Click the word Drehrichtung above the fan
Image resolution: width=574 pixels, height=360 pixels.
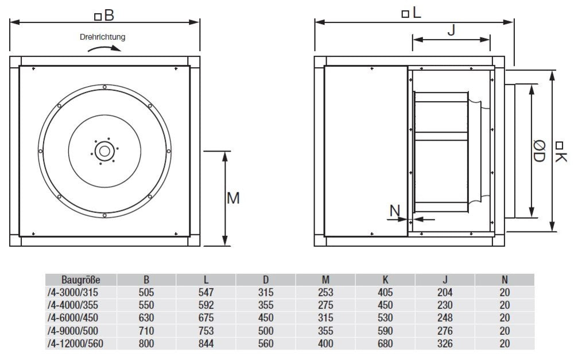(103, 37)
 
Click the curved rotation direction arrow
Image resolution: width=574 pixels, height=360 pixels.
(104, 49)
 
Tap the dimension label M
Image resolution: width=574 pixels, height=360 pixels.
(232, 198)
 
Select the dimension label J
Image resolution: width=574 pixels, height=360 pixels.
(451, 30)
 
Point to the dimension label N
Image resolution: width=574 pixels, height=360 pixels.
(395, 211)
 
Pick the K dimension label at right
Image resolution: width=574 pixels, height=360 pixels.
(560, 150)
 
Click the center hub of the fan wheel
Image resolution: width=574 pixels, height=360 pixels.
(104, 152)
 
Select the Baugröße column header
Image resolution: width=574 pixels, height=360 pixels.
(81, 280)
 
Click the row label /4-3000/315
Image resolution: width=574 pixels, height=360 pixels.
(75, 292)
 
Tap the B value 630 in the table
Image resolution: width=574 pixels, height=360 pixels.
(146, 318)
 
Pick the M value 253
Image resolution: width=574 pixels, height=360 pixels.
(325, 292)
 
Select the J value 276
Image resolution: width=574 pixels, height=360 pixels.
(445, 331)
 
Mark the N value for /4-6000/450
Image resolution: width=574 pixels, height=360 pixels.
(505, 318)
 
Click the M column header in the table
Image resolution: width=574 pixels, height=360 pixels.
(325, 280)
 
